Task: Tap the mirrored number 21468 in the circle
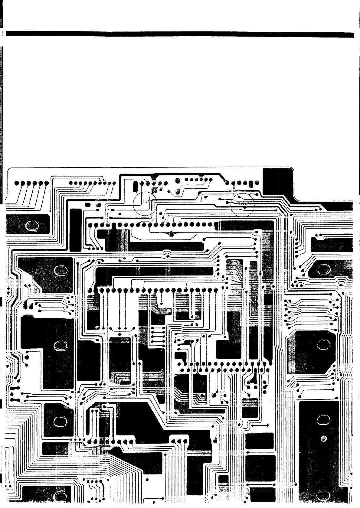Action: point(243,204)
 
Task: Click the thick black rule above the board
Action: point(180,34)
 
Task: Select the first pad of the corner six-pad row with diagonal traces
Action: point(17,183)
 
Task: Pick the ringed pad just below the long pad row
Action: point(172,234)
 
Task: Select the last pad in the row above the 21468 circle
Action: point(257,183)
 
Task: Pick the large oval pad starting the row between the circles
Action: point(178,181)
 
